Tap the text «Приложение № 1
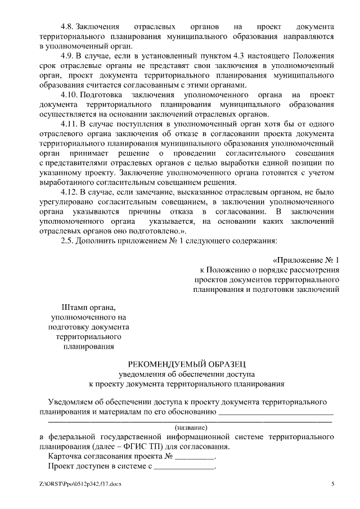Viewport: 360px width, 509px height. pyautogui.click(x=306, y=260)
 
